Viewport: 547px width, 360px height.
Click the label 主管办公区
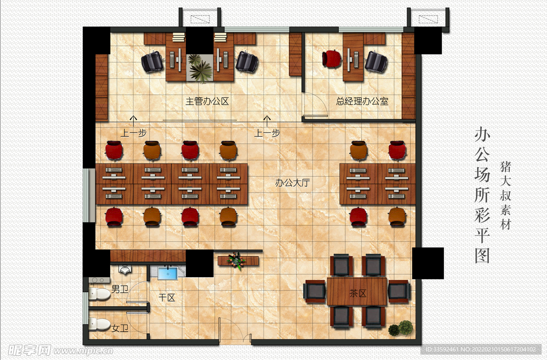tap(207, 101)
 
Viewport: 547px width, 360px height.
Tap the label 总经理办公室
tap(362, 101)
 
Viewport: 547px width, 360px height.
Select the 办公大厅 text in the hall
tap(292, 183)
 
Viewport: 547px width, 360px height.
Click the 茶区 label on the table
tap(358, 293)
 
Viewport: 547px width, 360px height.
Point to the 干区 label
tap(167, 298)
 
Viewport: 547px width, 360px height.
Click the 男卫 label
tap(120, 289)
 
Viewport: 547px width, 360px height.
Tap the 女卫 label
tap(120, 328)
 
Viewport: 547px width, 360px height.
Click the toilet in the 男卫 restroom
tap(99, 294)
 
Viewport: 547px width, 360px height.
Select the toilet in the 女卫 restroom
tap(99, 324)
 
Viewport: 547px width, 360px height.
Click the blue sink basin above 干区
tap(167, 273)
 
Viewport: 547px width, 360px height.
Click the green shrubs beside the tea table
tap(401, 328)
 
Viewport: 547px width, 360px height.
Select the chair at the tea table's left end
tap(315, 291)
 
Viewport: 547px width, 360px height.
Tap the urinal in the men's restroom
tap(125, 269)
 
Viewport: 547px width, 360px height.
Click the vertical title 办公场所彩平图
tap(482, 195)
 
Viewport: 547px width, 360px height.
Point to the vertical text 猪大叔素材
tap(505, 195)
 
